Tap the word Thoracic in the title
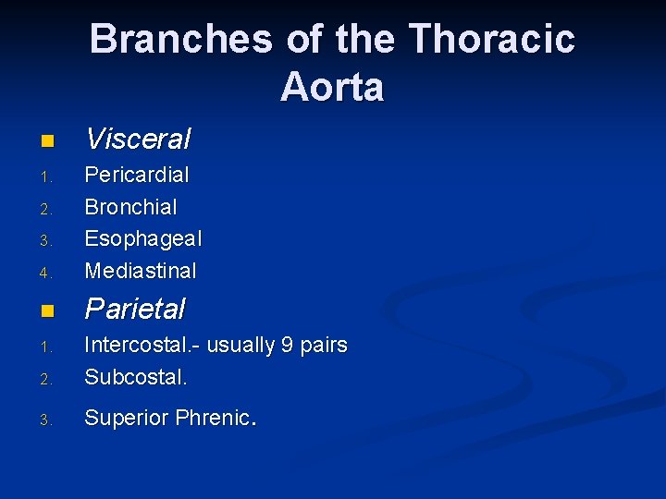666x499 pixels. click(491, 40)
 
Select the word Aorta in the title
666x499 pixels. click(332, 88)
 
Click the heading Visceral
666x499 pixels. click(138, 140)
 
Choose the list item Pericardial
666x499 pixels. click(137, 175)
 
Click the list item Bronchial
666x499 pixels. click(130, 207)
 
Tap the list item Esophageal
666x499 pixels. click(142, 239)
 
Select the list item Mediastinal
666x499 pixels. click(141, 271)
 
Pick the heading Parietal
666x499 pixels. click(135, 309)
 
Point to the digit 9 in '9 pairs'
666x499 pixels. click(287, 346)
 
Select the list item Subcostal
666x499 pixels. click(136, 377)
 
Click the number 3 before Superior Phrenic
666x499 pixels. click(44, 420)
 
